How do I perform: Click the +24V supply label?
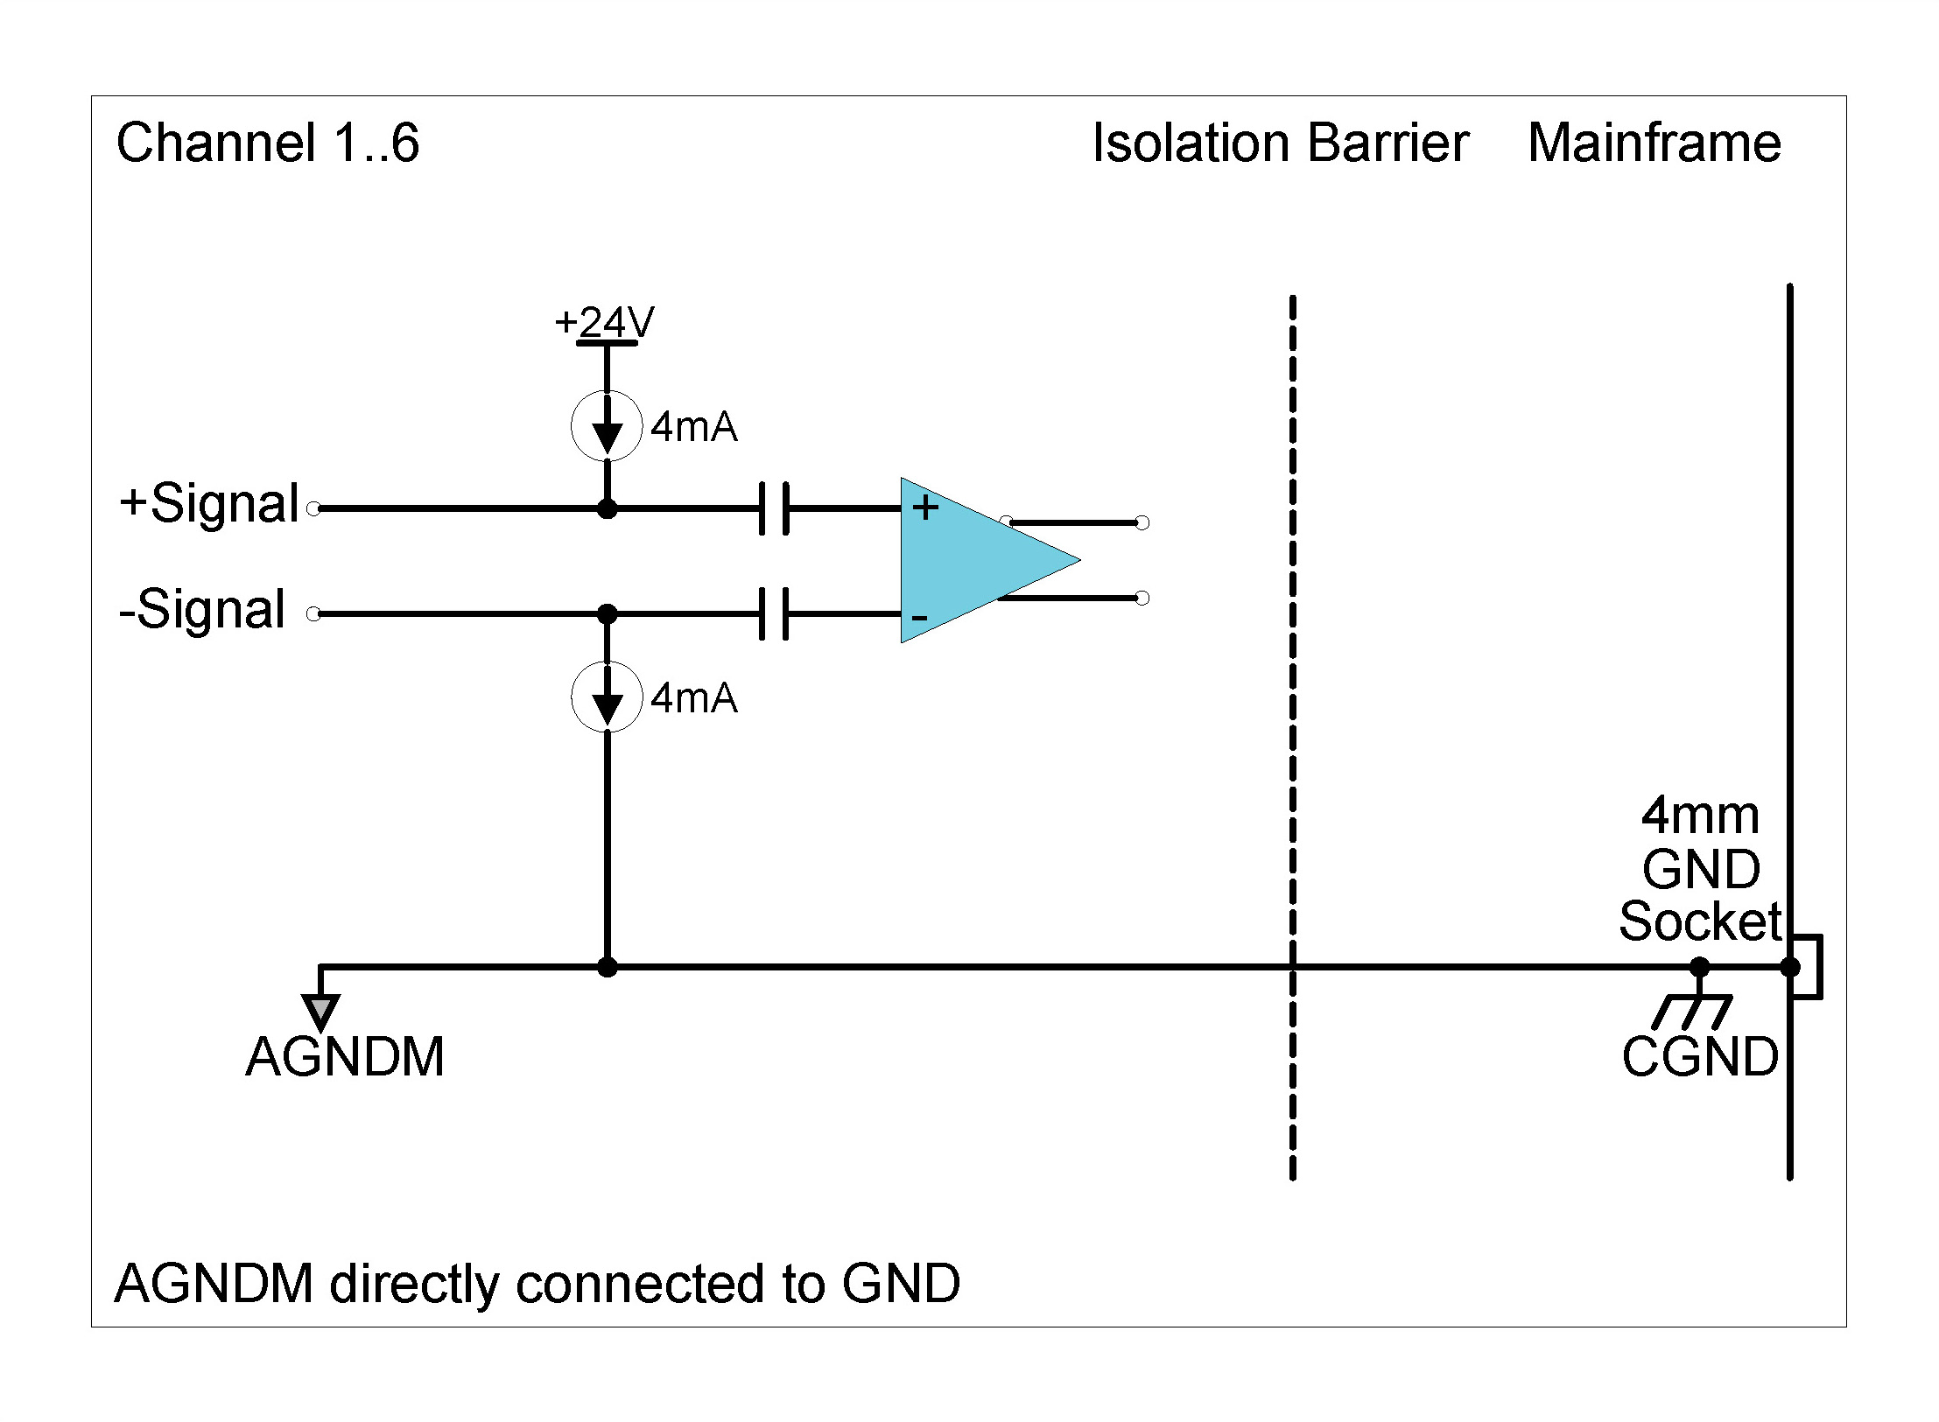point(604,323)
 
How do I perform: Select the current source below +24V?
point(607,426)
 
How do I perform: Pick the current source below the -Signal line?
point(607,697)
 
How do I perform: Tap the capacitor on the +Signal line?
point(774,508)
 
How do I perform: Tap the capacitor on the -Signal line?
point(774,613)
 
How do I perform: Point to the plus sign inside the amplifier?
point(925,508)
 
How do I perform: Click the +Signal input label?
point(210,504)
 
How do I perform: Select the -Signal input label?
point(202,610)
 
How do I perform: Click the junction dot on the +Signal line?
point(607,508)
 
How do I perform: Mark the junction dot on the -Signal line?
point(607,614)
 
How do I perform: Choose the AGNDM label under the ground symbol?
point(345,1057)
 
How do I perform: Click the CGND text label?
point(1699,1057)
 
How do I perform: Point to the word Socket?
point(1699,921)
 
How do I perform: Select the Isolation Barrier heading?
point(1280,144)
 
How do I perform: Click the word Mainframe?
point(1654,144)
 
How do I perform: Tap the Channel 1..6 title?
point(268,144)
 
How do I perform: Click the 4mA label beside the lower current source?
point(693,698)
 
